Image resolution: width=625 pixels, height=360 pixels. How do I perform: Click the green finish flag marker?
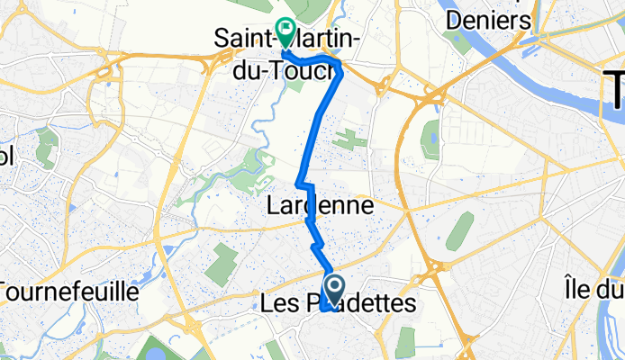285,32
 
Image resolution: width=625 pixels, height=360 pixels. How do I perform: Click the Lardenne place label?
321,206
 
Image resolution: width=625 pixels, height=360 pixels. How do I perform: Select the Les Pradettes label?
338,305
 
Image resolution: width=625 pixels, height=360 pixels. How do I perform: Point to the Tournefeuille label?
68,292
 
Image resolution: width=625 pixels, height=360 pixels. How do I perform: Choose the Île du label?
590,290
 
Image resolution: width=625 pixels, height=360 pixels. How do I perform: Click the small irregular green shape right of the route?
344,139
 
